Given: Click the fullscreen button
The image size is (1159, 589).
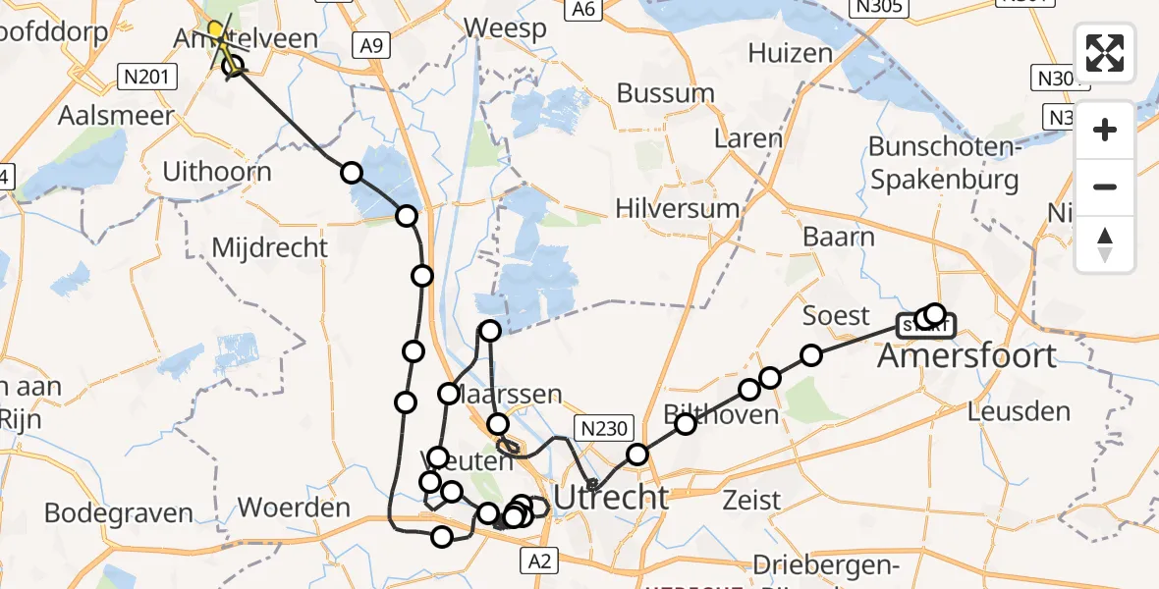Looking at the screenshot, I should coord(1105,52).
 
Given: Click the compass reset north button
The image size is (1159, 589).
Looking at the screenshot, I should coord(1105,244).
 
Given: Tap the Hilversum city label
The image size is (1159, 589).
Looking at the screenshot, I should coord(677,208).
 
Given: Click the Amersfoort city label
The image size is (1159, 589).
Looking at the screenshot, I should coord(966,355).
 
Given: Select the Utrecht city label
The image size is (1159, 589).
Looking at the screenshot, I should coord(611,497).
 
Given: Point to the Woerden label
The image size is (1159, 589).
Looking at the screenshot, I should coord(295,509).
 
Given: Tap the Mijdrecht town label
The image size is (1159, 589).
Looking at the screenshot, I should coord(270,247).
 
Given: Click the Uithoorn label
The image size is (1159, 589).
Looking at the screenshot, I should coord(217,172).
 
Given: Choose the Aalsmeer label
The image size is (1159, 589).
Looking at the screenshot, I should coord(116,115).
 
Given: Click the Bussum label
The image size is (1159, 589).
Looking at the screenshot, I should coord(666,93).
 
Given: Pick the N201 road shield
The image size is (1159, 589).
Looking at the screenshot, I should coord(141,76).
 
